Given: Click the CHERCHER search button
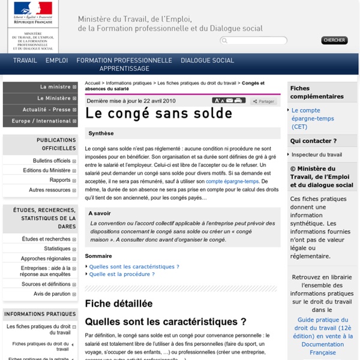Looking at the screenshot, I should [334, 40].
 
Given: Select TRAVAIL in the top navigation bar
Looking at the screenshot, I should [25, 61].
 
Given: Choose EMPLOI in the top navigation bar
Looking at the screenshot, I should [56, 61].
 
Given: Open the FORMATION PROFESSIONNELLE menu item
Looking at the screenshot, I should [124, 61].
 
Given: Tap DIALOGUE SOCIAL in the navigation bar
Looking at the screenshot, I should [207, 61].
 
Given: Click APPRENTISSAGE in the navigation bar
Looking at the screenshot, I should [124, 69].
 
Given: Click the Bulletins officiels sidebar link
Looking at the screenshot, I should [52, 161].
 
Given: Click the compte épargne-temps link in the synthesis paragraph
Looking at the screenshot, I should [232, 181].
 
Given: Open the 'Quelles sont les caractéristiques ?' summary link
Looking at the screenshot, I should [134, 266].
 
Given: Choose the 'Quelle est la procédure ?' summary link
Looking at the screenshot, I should [122, 274].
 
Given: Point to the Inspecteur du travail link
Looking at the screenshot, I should [316, 154].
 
